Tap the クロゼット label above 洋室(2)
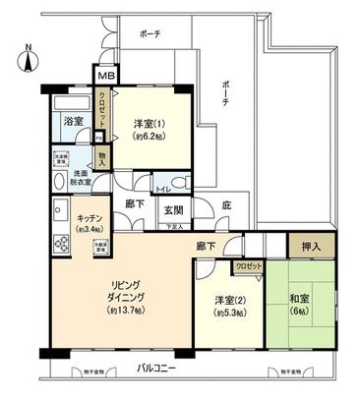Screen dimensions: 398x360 pos(246,265)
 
